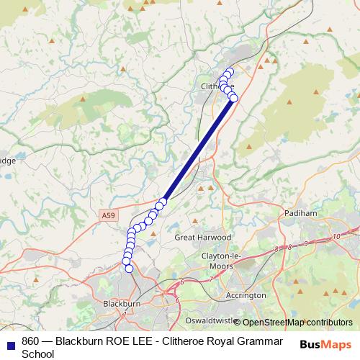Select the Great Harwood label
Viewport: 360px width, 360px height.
click(203, 237)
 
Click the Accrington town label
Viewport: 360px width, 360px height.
click(246, 295)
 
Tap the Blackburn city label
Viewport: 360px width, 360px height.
click(121, 304)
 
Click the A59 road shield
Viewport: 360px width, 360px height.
click(107, 215)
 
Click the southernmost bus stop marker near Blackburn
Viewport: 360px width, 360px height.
click(130, 269)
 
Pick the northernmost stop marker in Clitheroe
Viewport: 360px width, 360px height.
click(230, 71)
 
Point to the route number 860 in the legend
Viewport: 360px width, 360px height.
click(31, 341)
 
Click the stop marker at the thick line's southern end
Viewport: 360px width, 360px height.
click(163, 201)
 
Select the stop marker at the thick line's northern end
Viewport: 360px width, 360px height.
click(233, 98)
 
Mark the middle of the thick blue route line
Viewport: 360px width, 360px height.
click(198, 150)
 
